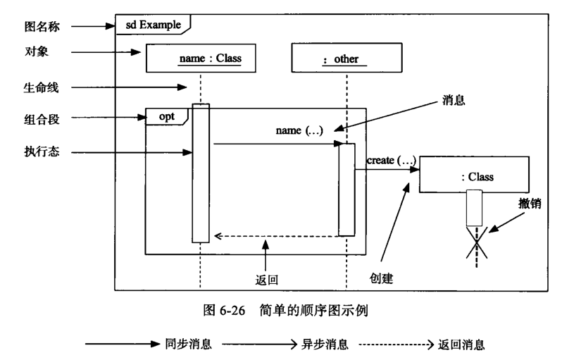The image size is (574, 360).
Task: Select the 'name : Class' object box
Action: click(x=200, y=58)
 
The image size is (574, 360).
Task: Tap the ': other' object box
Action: click(x=347, y=58)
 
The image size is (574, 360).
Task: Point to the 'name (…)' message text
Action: click(x=299, y=132)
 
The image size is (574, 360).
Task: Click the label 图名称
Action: click(x=41, y=27)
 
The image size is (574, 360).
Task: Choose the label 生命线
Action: click(x=41, y=87)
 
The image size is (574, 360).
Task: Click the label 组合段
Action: click(x=41, y=119)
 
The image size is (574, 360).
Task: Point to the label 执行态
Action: click(x=41, y=151)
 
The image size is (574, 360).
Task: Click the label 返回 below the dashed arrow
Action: click(x=266, y=278)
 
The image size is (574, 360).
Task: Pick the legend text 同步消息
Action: click(x=188, y=345)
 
